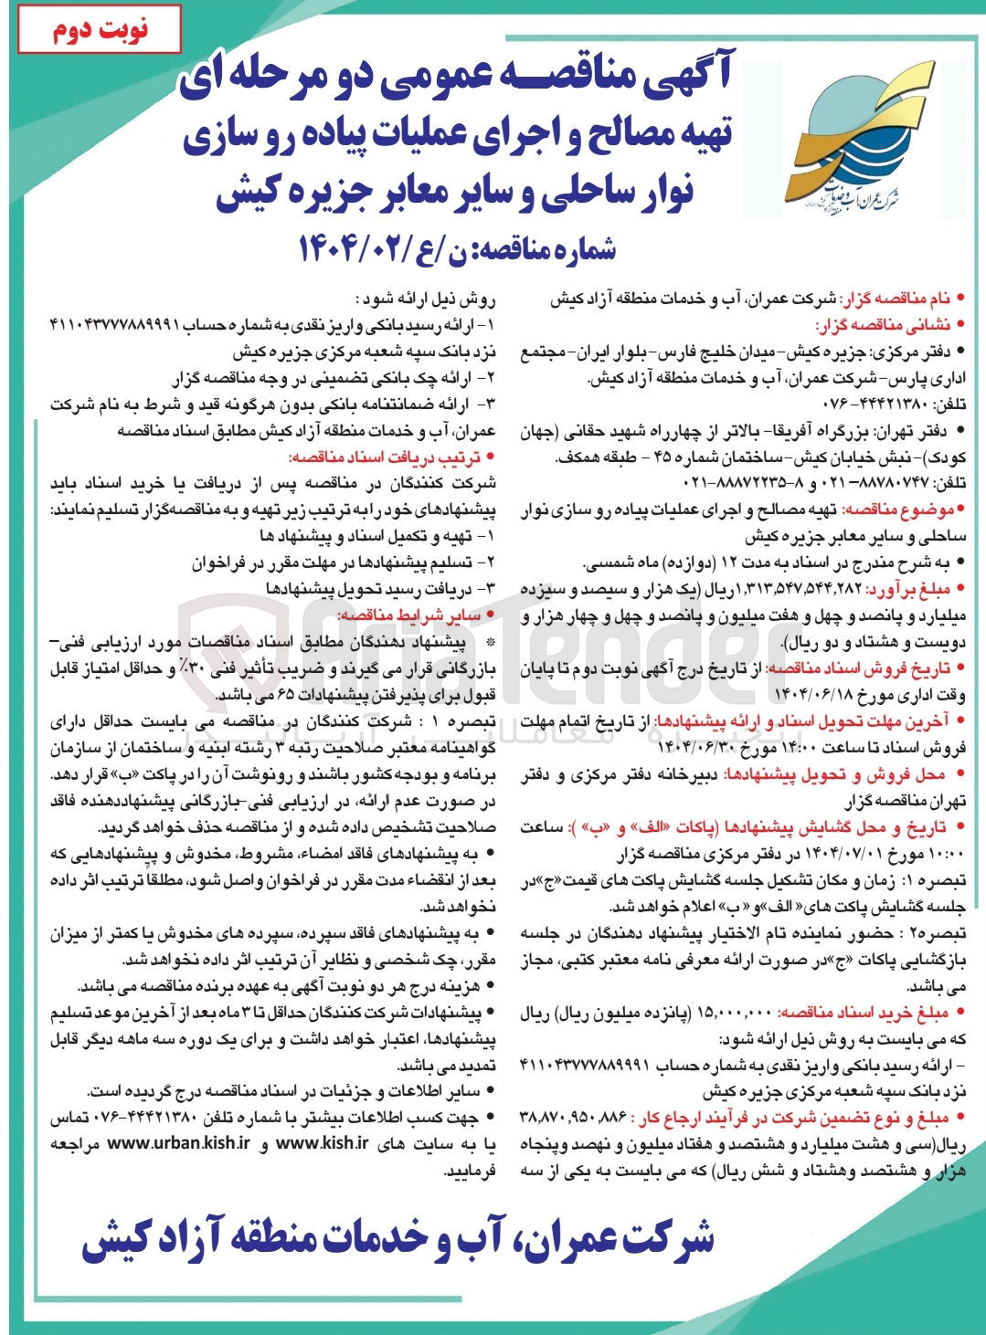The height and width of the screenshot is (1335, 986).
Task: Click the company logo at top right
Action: [x=835, y=146]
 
